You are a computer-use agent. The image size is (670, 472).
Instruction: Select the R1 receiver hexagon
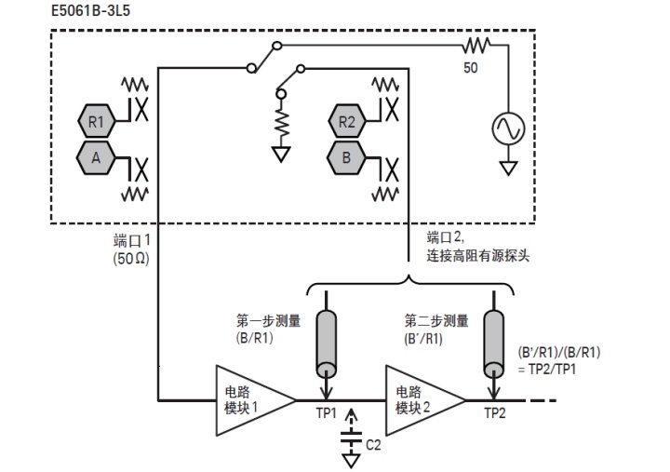(96, 120)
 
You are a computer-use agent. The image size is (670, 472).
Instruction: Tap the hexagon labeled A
(96, 157)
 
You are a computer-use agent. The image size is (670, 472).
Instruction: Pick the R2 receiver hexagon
(346, 120)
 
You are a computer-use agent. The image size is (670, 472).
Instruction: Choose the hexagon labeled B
(346, 157)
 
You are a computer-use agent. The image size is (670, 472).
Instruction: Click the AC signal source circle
(509, 128)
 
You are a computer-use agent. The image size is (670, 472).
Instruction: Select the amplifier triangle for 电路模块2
(422, 400)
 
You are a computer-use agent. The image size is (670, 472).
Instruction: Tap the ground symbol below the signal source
(509, 169)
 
